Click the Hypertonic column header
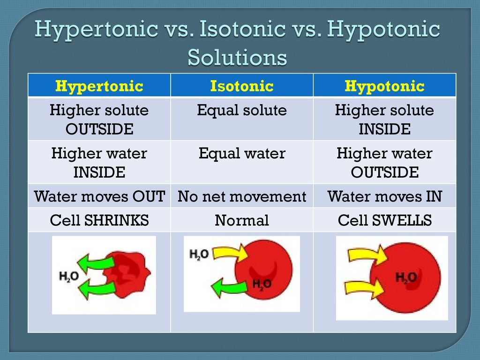click(99, 86)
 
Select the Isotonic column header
click(241, 86)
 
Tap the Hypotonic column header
click(384, 86)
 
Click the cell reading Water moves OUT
click(99, 196)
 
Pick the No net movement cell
click(241, 196)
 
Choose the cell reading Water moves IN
click(384, 196)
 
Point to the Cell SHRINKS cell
click(99, 220)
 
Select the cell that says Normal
click(241, 220)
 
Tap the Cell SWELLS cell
click(384, 220)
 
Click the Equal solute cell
click(241, 111)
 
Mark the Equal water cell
click(241, 154)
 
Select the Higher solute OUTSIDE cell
click(99, 120)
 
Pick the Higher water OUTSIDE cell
click(384, 163)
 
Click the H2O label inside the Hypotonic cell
click(406, 277)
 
